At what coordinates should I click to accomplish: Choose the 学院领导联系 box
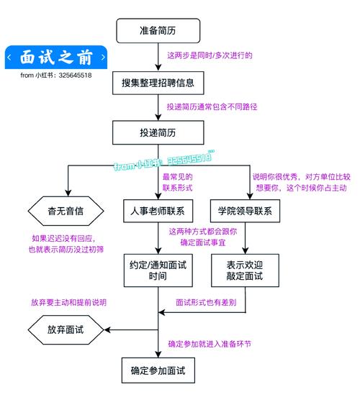[x=245, y=211]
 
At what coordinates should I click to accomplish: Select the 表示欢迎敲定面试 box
[x=245, y=270]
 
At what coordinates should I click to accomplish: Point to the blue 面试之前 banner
[x=56, y=57]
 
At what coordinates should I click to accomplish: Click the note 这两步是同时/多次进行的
[x=210, y=55]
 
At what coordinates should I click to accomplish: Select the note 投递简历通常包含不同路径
[x=212, y=106]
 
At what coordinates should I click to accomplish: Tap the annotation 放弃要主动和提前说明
[x=68, y=303]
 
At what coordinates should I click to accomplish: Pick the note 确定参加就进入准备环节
[x=210, y=344]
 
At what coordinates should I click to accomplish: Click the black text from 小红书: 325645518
[x=56, y=74]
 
